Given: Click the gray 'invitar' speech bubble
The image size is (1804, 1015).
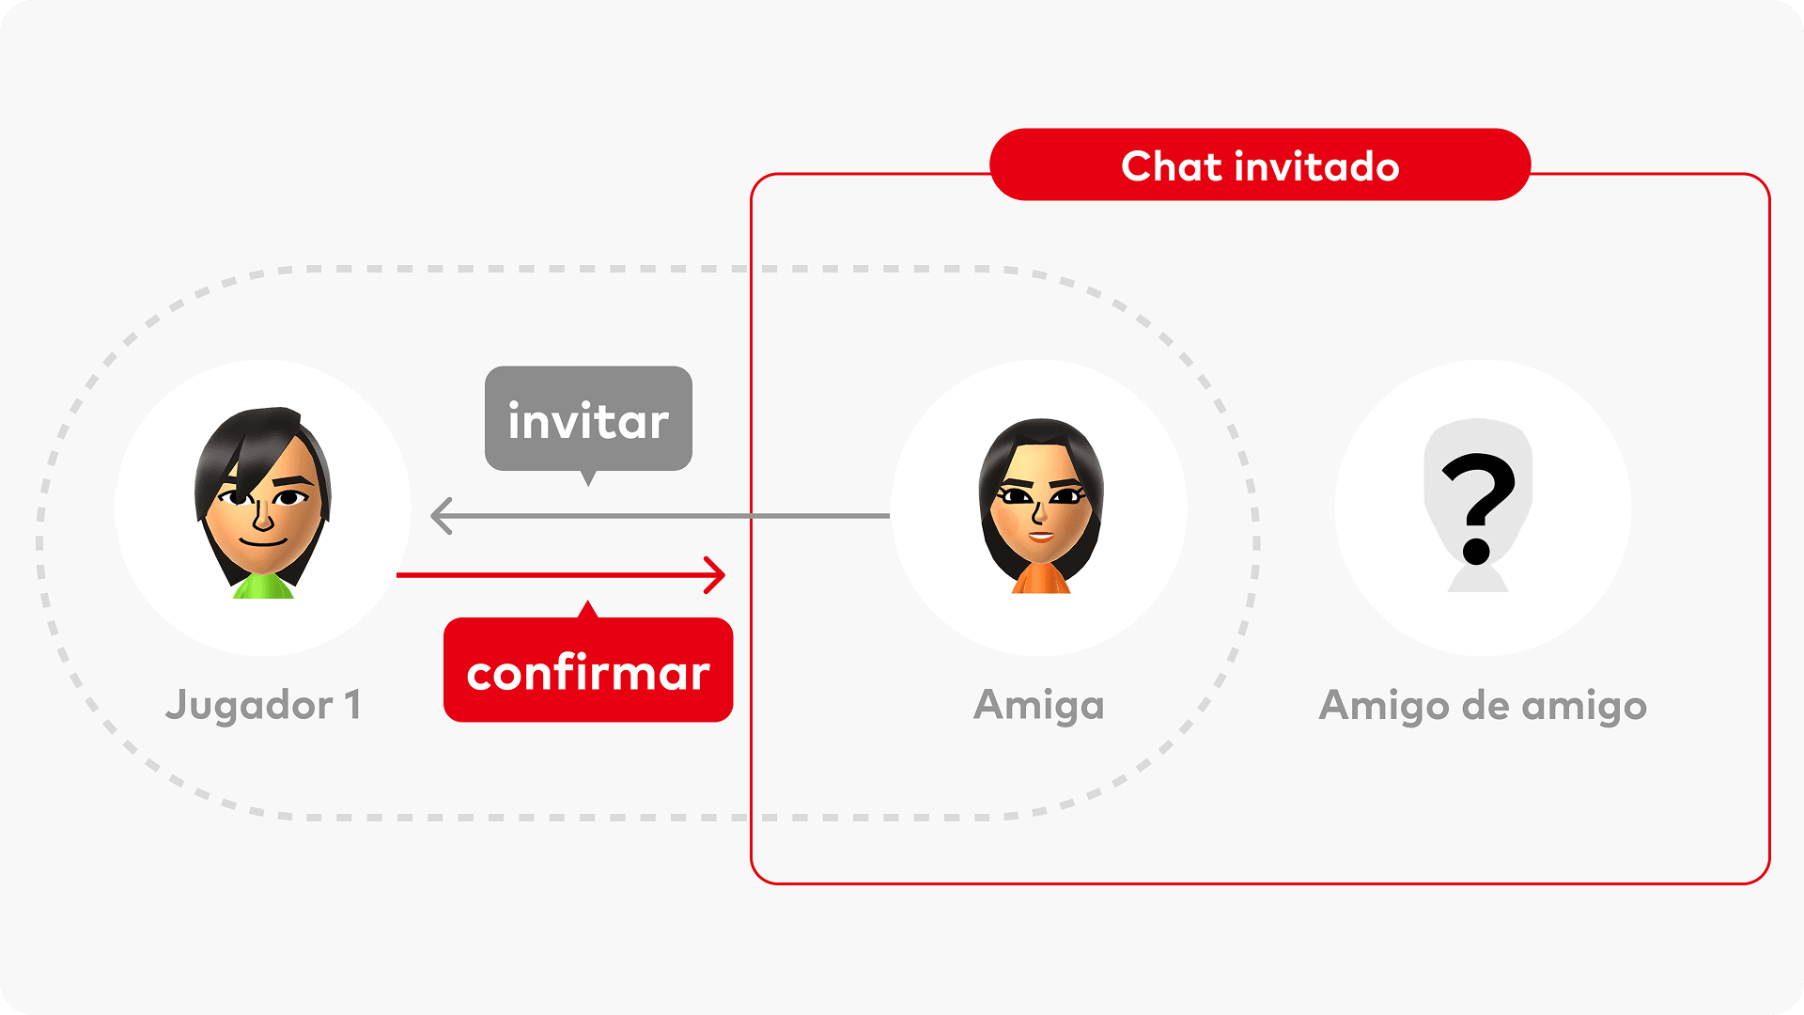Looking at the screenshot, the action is pos(588,419).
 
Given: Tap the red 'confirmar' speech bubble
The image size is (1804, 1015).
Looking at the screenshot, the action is pos(588,668).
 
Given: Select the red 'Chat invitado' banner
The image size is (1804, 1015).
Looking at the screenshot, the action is pos(1260,164).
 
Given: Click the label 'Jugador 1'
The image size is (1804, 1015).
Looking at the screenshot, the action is pos(263,706).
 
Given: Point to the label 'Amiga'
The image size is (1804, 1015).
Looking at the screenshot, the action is pos(1039,706).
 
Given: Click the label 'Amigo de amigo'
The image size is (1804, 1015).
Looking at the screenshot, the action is pos(1483,706).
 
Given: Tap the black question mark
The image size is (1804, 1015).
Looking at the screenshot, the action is pos(1478,507).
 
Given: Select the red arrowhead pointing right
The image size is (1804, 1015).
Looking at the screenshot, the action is pos(715,575).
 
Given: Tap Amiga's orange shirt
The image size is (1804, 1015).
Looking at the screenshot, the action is pos(1040,579).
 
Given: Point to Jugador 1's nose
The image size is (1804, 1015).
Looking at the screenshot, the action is pos(262,514).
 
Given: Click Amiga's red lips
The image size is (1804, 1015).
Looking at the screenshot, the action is pos(1040,536).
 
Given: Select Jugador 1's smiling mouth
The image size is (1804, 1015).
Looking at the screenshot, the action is pos(263,541).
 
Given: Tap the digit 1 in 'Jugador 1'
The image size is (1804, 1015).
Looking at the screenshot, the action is pos(353,704).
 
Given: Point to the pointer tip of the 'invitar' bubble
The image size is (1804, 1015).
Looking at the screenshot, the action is pos(588,486).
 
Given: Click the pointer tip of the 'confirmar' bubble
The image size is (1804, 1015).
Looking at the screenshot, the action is pos(588,601).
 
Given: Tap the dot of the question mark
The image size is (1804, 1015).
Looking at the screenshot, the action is pos(1477,552).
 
